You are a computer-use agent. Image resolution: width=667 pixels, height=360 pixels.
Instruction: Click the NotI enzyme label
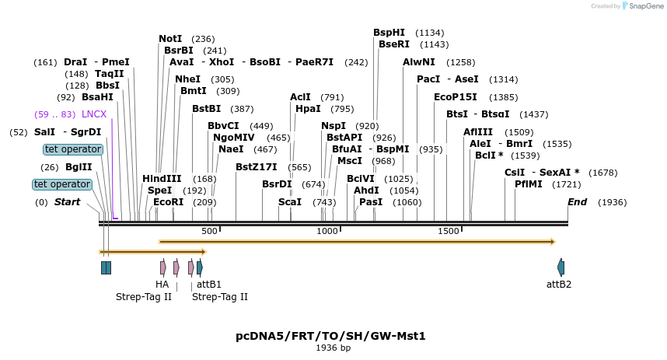pos(170,39)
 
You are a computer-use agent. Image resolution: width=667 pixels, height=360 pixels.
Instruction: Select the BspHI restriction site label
pos(389,33)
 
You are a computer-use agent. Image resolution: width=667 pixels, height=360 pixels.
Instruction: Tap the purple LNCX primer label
pos(94,114)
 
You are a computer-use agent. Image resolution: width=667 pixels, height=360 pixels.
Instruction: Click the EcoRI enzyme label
pos(168,202)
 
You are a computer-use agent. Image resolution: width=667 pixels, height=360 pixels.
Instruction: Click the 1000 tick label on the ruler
pos(327,231)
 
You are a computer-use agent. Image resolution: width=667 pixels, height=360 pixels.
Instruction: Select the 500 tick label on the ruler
pos(209,231)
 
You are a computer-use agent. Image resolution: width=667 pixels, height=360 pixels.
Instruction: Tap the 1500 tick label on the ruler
pos(449,231)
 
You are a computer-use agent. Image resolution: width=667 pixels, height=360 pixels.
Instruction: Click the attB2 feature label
pos(559,285)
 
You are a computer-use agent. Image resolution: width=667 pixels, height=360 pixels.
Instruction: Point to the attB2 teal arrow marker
pos(561,267)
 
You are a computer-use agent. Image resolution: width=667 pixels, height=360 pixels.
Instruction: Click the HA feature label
pos(162,285)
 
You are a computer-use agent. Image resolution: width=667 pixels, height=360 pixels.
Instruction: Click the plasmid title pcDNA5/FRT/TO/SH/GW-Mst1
pos(330,336)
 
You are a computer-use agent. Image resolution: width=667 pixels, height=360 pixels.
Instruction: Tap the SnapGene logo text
pos(645,6)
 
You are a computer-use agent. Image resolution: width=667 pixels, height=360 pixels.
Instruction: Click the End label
pos(577,202)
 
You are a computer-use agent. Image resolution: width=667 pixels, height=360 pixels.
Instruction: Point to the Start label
pos(67,202)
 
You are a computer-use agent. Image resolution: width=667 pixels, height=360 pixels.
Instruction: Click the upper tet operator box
pos(73,149)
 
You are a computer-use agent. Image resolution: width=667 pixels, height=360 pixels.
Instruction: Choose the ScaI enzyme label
pos(289,202)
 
